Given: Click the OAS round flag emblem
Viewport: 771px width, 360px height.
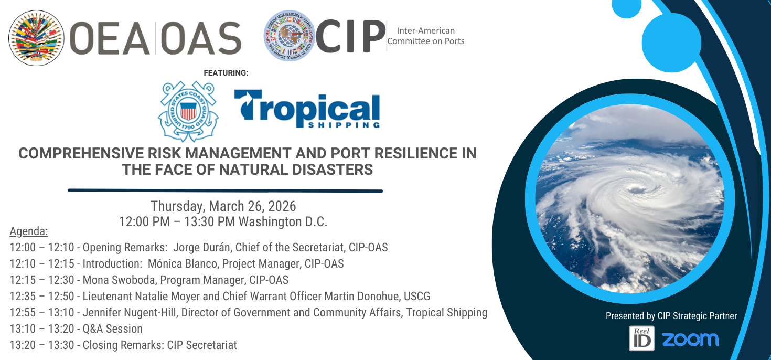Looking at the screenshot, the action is (x=36, y=38).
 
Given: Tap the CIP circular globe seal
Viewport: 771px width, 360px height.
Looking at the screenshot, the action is (x=290, y=36).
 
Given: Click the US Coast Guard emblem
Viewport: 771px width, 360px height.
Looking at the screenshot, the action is (x=188, y=111).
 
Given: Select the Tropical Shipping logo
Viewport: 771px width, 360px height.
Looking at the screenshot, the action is (x=307, y=109).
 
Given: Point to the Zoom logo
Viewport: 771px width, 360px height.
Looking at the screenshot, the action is (x=690, y=340).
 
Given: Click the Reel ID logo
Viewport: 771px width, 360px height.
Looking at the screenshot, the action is (x=641, y=338).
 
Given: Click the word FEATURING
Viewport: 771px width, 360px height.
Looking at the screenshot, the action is (x=226, y=73).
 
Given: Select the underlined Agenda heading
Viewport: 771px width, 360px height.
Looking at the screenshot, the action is (x=28, y=231).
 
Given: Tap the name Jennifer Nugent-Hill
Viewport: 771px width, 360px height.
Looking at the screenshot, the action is (x=130, y=312).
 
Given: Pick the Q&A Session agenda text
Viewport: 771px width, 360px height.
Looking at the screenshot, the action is (x=113, y=329).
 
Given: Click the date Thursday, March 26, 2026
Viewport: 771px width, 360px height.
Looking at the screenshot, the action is (x=223, y=206).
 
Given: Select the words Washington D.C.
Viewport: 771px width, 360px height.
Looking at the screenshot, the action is (x=283, y=221).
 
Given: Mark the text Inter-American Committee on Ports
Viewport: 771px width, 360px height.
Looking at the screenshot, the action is (x=426, y=36).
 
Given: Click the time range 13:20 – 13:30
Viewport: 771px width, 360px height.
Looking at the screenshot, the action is (x=42, y=345).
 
